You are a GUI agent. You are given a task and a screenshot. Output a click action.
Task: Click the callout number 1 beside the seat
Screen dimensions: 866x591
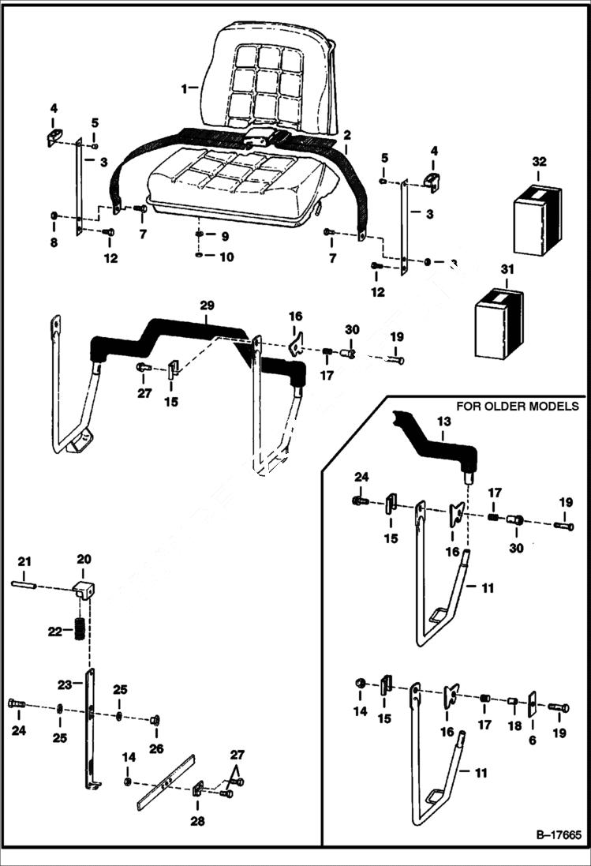click(x=184, y=89)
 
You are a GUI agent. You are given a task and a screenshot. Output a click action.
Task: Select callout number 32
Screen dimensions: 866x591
click(x=539, y=162)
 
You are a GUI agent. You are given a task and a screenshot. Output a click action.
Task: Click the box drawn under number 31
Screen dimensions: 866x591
click(x=499, y=323)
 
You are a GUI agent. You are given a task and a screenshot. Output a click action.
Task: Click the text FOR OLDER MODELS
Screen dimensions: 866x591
click(x=518, y=407)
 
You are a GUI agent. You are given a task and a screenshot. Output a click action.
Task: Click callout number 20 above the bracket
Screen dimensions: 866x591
click(x=84, y=558)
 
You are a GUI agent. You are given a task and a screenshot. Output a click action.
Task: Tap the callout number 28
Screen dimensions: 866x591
click(x=197, y=822)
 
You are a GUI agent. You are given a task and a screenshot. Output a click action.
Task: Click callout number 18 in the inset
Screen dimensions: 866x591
click(x=514, y=724)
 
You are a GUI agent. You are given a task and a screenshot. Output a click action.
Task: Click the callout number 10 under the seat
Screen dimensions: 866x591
click(x=226, y=257)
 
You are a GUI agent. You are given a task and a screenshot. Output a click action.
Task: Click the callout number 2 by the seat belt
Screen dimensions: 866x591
click(x=346, y=135)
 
